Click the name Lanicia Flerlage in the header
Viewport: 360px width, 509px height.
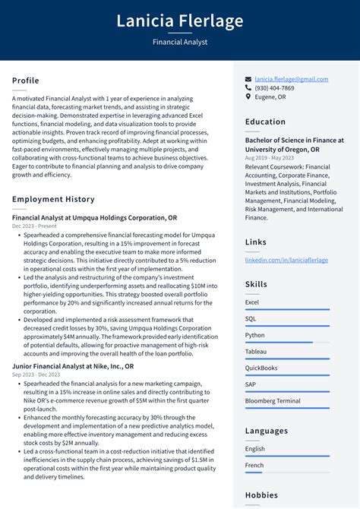180,21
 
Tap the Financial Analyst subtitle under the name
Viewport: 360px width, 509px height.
180,43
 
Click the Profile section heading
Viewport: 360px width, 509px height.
26,81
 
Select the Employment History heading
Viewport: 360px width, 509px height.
53,199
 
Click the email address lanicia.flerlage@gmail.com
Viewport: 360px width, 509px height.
292,79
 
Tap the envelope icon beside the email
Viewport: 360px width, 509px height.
248,79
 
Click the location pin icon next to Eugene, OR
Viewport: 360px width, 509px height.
248,97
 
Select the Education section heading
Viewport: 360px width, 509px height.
265,122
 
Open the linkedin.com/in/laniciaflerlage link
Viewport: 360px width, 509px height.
286,260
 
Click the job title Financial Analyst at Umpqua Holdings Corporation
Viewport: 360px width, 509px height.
95,217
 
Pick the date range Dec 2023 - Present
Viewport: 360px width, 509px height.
34,226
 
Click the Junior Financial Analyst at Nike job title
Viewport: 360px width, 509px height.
73,365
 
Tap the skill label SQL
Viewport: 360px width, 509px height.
251,319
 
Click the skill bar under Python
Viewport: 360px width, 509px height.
287,343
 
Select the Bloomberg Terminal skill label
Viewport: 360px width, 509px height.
273,401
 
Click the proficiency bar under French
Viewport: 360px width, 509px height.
287,473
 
